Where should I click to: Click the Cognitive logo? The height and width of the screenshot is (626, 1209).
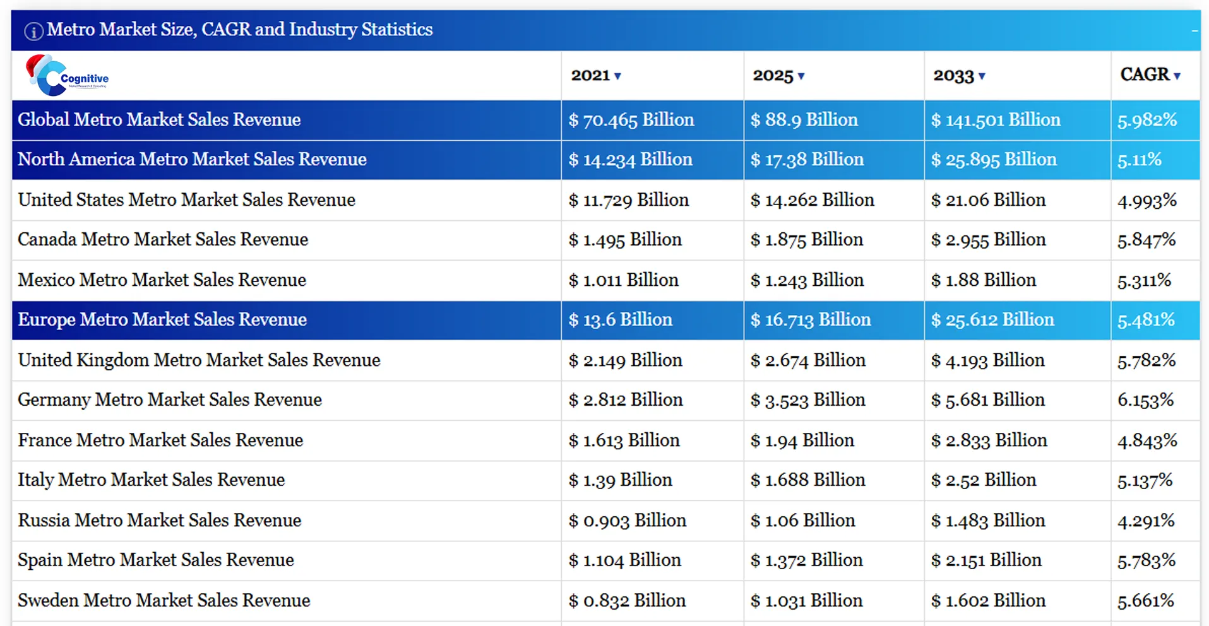pyautogui.click(x=66, y=76)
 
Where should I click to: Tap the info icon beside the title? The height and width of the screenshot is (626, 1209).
pyautogui.click(x=33, y=31)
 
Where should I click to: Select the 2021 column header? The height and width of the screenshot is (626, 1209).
pyautogui.click(x=590, y=76)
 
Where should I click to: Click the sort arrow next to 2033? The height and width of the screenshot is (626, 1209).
pyautogui.click(x=982, y=77)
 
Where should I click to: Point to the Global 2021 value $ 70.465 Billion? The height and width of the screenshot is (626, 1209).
pyautogui.click(x=631, y=120)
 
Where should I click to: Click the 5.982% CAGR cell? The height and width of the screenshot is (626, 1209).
pyautogui.click(x=1146, y=120)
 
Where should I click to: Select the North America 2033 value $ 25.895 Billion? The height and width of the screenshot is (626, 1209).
pyautogui.click(x=993, y=160)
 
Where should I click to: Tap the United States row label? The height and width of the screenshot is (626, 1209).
pyautogui.click(x=186, y=200)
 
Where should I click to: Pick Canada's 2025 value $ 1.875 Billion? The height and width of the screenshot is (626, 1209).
pyautogui.click(x=806, y=240)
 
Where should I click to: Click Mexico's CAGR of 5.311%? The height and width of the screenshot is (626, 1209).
pyautogui.click(x=1144, y=280)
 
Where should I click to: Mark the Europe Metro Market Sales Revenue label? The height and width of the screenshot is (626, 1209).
pyautogui.click(x=162, y=320)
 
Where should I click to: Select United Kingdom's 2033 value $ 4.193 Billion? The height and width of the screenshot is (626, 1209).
pyautogui.click(x=987, y=360)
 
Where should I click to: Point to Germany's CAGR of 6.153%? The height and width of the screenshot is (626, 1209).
pyautogui.click(x=1145, y=400)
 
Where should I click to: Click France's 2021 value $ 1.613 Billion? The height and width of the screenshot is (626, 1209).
pyautogui.click(x=624, y=440)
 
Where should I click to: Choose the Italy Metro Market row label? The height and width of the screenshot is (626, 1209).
pyautogui.click(x=151, y=480)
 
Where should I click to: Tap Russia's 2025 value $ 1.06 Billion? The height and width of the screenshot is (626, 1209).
pyautogui.click(x=802, y=521)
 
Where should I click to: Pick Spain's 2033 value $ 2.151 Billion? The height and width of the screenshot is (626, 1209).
pyautogui.click(x=986, y=560)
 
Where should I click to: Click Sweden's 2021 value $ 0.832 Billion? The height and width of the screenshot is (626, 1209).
pyautogui.click(x=626, y=601)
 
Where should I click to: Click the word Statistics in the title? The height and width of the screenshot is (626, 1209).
pyautogui.click(x=396, y=30)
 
